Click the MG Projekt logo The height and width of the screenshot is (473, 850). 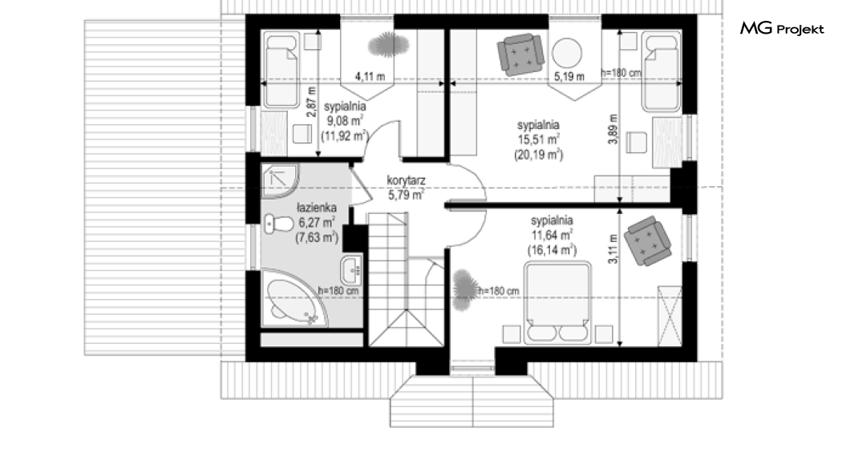pos(782,29)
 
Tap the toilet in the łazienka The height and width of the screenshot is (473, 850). pos(278,224)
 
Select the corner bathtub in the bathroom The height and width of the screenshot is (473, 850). pos(293,301)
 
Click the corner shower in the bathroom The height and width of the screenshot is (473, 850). pos(280,181)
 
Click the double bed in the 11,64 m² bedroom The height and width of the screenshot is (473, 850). pos(557,302)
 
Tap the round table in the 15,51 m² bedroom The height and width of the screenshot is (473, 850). pos(567,53)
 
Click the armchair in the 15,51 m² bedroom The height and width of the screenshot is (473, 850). pos(520,54)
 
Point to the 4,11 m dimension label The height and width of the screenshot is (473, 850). pos(370,76)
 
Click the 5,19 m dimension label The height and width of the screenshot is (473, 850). pos(569,76)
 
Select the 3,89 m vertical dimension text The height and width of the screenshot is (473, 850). pos(613,129)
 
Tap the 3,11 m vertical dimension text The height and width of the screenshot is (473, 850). pos(613,249)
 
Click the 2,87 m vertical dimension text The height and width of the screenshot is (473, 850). pos(310,102)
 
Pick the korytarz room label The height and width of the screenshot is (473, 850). pos(406,180)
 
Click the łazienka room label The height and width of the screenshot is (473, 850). pos(317,208)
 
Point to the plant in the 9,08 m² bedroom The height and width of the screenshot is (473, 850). pos(388,45)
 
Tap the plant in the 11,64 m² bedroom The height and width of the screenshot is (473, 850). pos(464,290)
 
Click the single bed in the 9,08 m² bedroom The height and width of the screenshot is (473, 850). pos(281,70)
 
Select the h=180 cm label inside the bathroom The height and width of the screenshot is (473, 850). pos(338,290)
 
